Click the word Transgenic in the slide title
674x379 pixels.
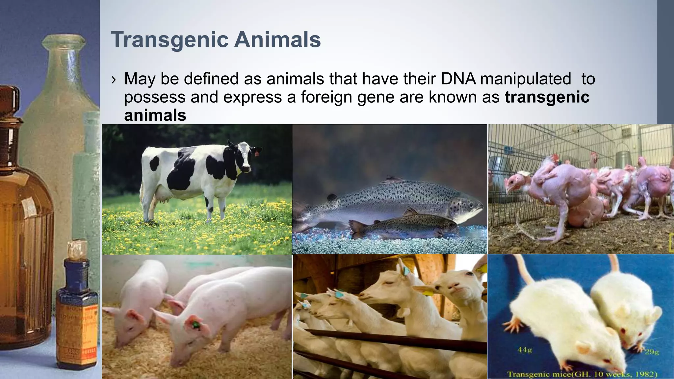169,40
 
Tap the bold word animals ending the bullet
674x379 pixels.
155,115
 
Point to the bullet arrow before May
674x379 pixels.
114,80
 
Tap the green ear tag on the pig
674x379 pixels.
195,325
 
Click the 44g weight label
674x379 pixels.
524,350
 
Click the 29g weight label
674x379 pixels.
652,352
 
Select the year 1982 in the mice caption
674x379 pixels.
645,374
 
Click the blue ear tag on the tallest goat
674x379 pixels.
406,271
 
